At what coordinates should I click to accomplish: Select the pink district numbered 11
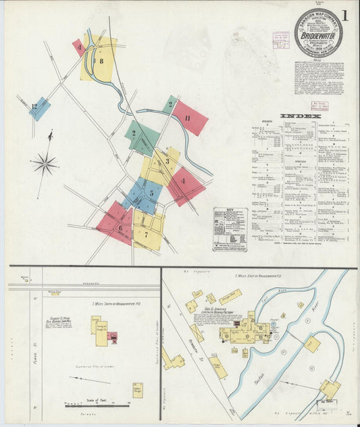(188, 118)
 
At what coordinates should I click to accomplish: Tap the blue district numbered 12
(38, 107)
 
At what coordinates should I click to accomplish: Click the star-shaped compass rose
(45, 162)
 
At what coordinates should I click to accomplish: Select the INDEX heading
(296, 116)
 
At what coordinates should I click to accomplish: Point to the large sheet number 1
(346, 15)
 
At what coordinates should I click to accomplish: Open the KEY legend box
(230, 230)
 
